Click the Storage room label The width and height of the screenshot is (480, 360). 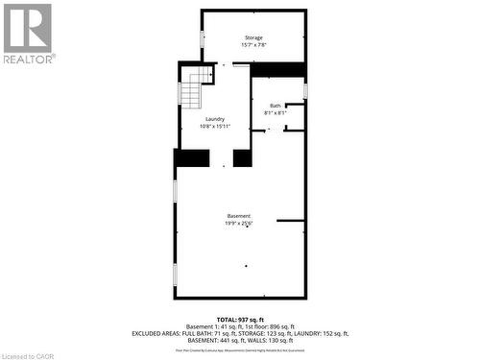tap(253, 37)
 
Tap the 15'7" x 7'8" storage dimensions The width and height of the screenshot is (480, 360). tap(253, 45)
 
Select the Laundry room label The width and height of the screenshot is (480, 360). tap(215, 119)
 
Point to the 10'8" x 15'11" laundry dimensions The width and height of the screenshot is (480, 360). tap(215, 126)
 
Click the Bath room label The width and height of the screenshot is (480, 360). tap(276, 106)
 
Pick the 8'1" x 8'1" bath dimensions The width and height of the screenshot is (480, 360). tap(276, 113)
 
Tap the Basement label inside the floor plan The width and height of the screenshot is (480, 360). tap(239, 216)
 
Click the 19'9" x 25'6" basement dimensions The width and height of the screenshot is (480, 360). tap(239, 224)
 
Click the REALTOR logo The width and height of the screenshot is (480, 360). tap(28, 33)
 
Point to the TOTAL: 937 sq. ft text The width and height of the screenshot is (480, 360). tap(239, 319)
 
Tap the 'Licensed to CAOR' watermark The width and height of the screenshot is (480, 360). tap(29, 354)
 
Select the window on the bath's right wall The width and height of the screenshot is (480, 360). tap(305, 91)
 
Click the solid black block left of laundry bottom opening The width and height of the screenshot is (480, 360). tap(192, 158)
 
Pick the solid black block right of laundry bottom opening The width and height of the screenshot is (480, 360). tap(242, 158)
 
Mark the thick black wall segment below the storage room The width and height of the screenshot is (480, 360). tap(278, 69)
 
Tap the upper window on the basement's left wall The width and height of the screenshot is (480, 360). tap(175, 190)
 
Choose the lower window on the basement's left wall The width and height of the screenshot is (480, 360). tap(175, 274)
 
